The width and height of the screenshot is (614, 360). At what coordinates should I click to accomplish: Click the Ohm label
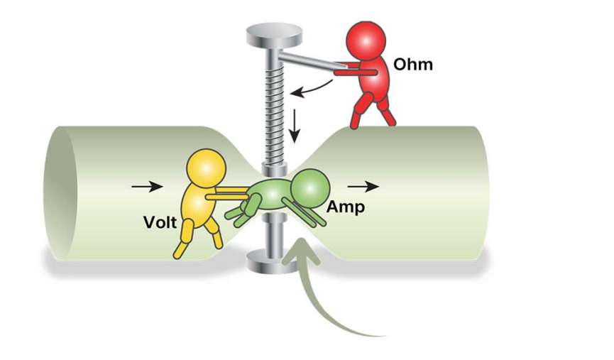[x=413, y=65]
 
